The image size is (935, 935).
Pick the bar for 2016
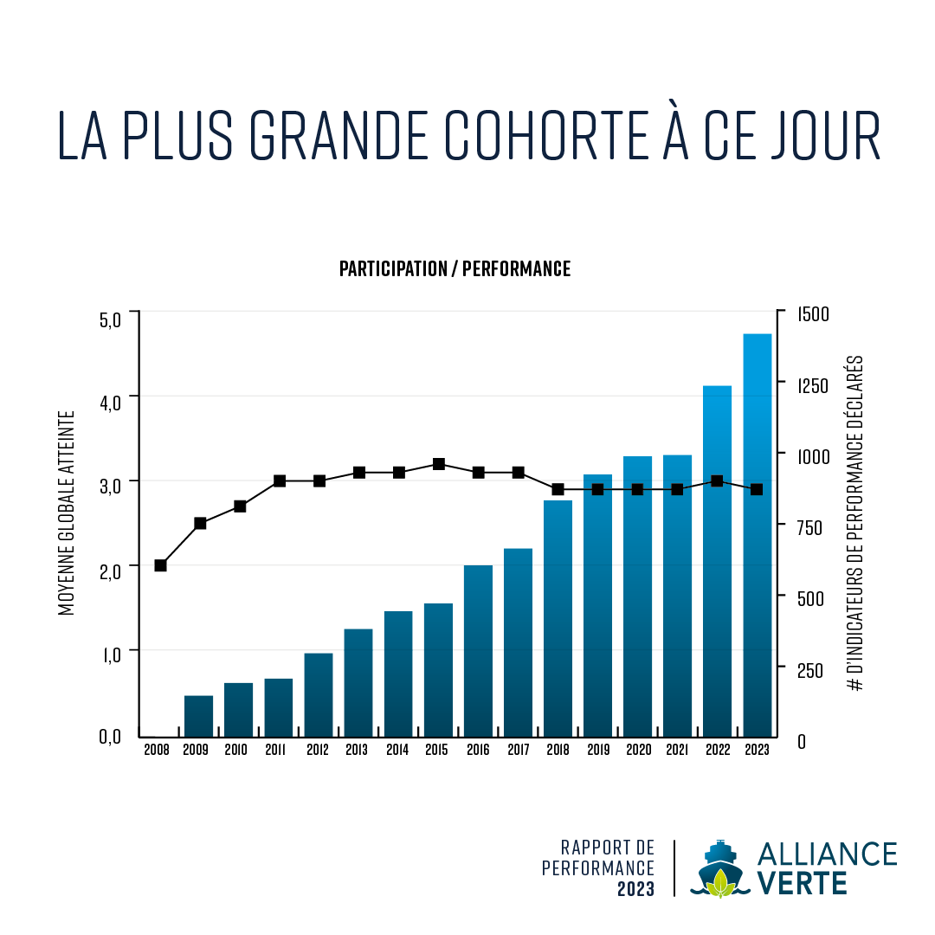click(478, 650)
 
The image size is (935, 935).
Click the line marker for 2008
click(160, 565)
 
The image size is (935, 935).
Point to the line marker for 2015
click(439, 464)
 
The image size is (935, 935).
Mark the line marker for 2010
click(240, 506)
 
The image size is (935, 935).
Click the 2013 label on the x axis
click(357, 750)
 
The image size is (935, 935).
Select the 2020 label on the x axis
click(637, 750)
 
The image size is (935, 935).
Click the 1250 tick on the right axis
click(812, 385)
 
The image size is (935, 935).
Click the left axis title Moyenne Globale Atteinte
click(68, 513)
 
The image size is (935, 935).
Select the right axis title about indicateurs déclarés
click(856, 523)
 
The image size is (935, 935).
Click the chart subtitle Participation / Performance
click(455, 268)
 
